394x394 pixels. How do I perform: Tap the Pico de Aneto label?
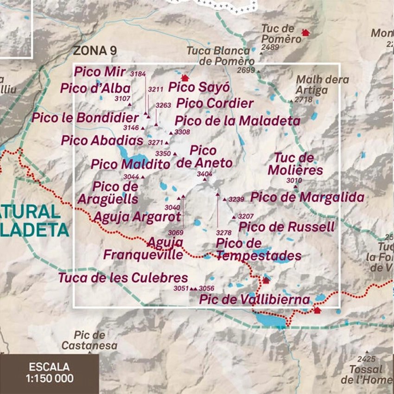[204, 157]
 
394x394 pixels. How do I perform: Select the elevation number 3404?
[204, 174]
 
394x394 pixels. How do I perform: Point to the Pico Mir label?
[100, 72]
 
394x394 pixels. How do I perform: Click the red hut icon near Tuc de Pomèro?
[305, 32]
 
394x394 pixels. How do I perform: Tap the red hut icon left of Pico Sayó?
[185, 78]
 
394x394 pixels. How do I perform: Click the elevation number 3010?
[294, 180]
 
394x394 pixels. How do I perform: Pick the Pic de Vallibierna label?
[254, 299]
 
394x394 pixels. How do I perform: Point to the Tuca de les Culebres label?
[123, 278]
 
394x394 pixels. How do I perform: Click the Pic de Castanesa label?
[89, 340]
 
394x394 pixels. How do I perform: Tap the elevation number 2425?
[366, 359]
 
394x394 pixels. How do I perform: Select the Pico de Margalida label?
[307, 197]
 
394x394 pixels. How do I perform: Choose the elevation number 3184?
[138, 74]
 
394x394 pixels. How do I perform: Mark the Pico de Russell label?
[286, 227]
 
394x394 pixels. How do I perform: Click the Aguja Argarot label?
[137, 216]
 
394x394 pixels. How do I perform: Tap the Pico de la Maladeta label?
[237, 121]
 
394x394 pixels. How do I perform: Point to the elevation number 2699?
[246, 70]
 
